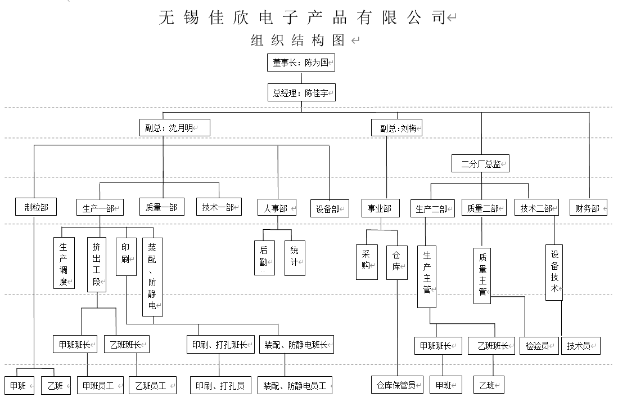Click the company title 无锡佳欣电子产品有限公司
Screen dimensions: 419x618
coord(304,17)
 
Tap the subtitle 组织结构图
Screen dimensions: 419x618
coord(298,41)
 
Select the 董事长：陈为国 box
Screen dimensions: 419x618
coord(301,63)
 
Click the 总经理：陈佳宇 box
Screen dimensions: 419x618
coord(301,93)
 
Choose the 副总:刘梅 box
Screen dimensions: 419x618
coord(397,128)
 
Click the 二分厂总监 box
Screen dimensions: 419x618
coord(480,164)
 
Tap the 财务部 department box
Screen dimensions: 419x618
coord(588,208)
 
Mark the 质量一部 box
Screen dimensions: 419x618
coord(161,208)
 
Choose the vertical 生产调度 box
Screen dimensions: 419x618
coord(64,264)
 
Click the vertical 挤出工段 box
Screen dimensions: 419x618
coord(97,264)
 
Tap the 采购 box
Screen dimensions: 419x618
coord(366,261)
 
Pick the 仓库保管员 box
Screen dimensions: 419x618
coord(397,385)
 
